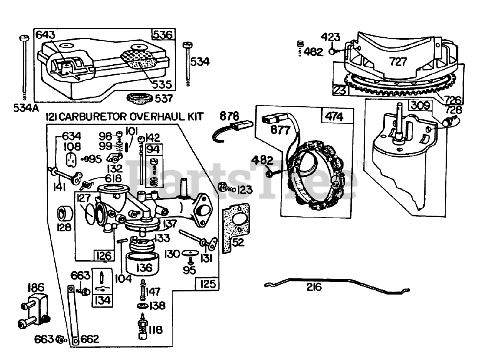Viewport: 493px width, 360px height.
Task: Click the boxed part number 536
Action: pyautogui.click(x=163, y=35)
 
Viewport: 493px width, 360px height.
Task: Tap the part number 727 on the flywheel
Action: pyautogui.click(x=399, y=61)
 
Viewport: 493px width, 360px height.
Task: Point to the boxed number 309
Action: pyautogui.click(x=421, y=105)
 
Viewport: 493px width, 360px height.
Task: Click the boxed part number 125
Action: pyautogui.click(x=208, y=284)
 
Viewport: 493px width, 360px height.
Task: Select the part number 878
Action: pyautogui.click(x=229, y=116)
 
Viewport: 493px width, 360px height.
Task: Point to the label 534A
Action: pyautogui.click(x=26, y=108)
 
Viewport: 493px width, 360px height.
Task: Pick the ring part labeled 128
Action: pyautogui.click(x=65, y=214)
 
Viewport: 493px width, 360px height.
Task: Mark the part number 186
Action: pyautogui.click(x=36, y=287)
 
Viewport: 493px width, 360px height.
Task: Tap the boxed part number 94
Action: pyautogui.click(x=153, y=150)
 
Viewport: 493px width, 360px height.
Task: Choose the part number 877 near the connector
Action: pyautogui.click(x=281, y=130)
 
